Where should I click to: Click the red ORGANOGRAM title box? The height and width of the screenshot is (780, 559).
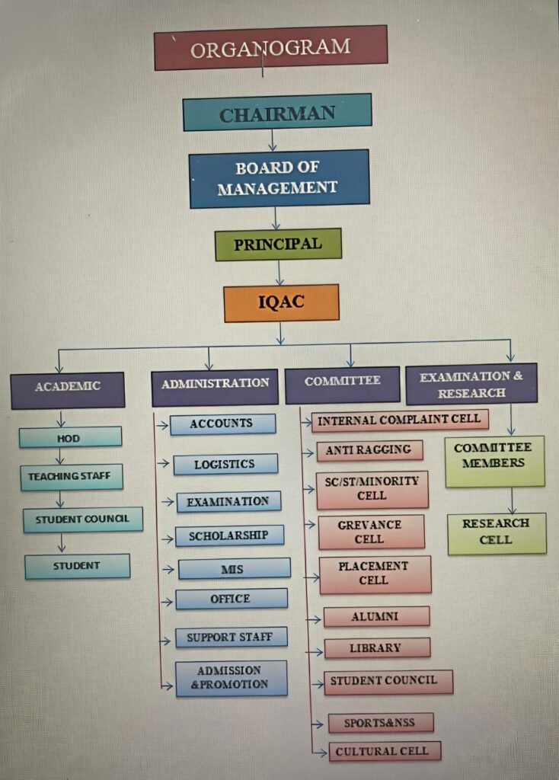point(270,48)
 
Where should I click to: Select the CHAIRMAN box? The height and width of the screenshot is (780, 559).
point(277,113)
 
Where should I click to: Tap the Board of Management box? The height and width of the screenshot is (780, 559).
point(279,178)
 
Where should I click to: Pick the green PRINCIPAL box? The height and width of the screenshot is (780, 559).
point(278,245)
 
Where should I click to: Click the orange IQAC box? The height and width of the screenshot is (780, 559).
point(281,302)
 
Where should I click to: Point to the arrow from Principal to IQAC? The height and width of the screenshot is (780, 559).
point(279,273)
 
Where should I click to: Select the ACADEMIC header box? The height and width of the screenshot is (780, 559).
point(67,386)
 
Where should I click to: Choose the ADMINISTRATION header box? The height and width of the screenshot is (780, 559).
point(215,383)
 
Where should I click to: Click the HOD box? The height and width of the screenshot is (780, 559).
point(70,437)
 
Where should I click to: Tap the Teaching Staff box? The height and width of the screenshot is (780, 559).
point(71,477)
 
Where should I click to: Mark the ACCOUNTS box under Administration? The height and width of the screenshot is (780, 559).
point(222,424)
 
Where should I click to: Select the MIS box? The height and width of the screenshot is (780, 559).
point(234,568)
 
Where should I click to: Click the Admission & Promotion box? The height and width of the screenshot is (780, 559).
point(231,678)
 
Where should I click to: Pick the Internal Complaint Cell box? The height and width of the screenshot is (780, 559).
point(400,420)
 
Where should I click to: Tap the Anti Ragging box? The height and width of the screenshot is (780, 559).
point(369,450)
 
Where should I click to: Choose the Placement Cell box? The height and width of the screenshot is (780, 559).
point(375,574)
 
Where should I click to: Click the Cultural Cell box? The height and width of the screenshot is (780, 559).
point(384,751)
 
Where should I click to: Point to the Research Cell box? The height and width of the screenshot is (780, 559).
point(496,532)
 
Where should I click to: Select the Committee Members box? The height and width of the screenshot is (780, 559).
point(494,461)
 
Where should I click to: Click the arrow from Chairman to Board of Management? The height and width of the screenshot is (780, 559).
point(273,140)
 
